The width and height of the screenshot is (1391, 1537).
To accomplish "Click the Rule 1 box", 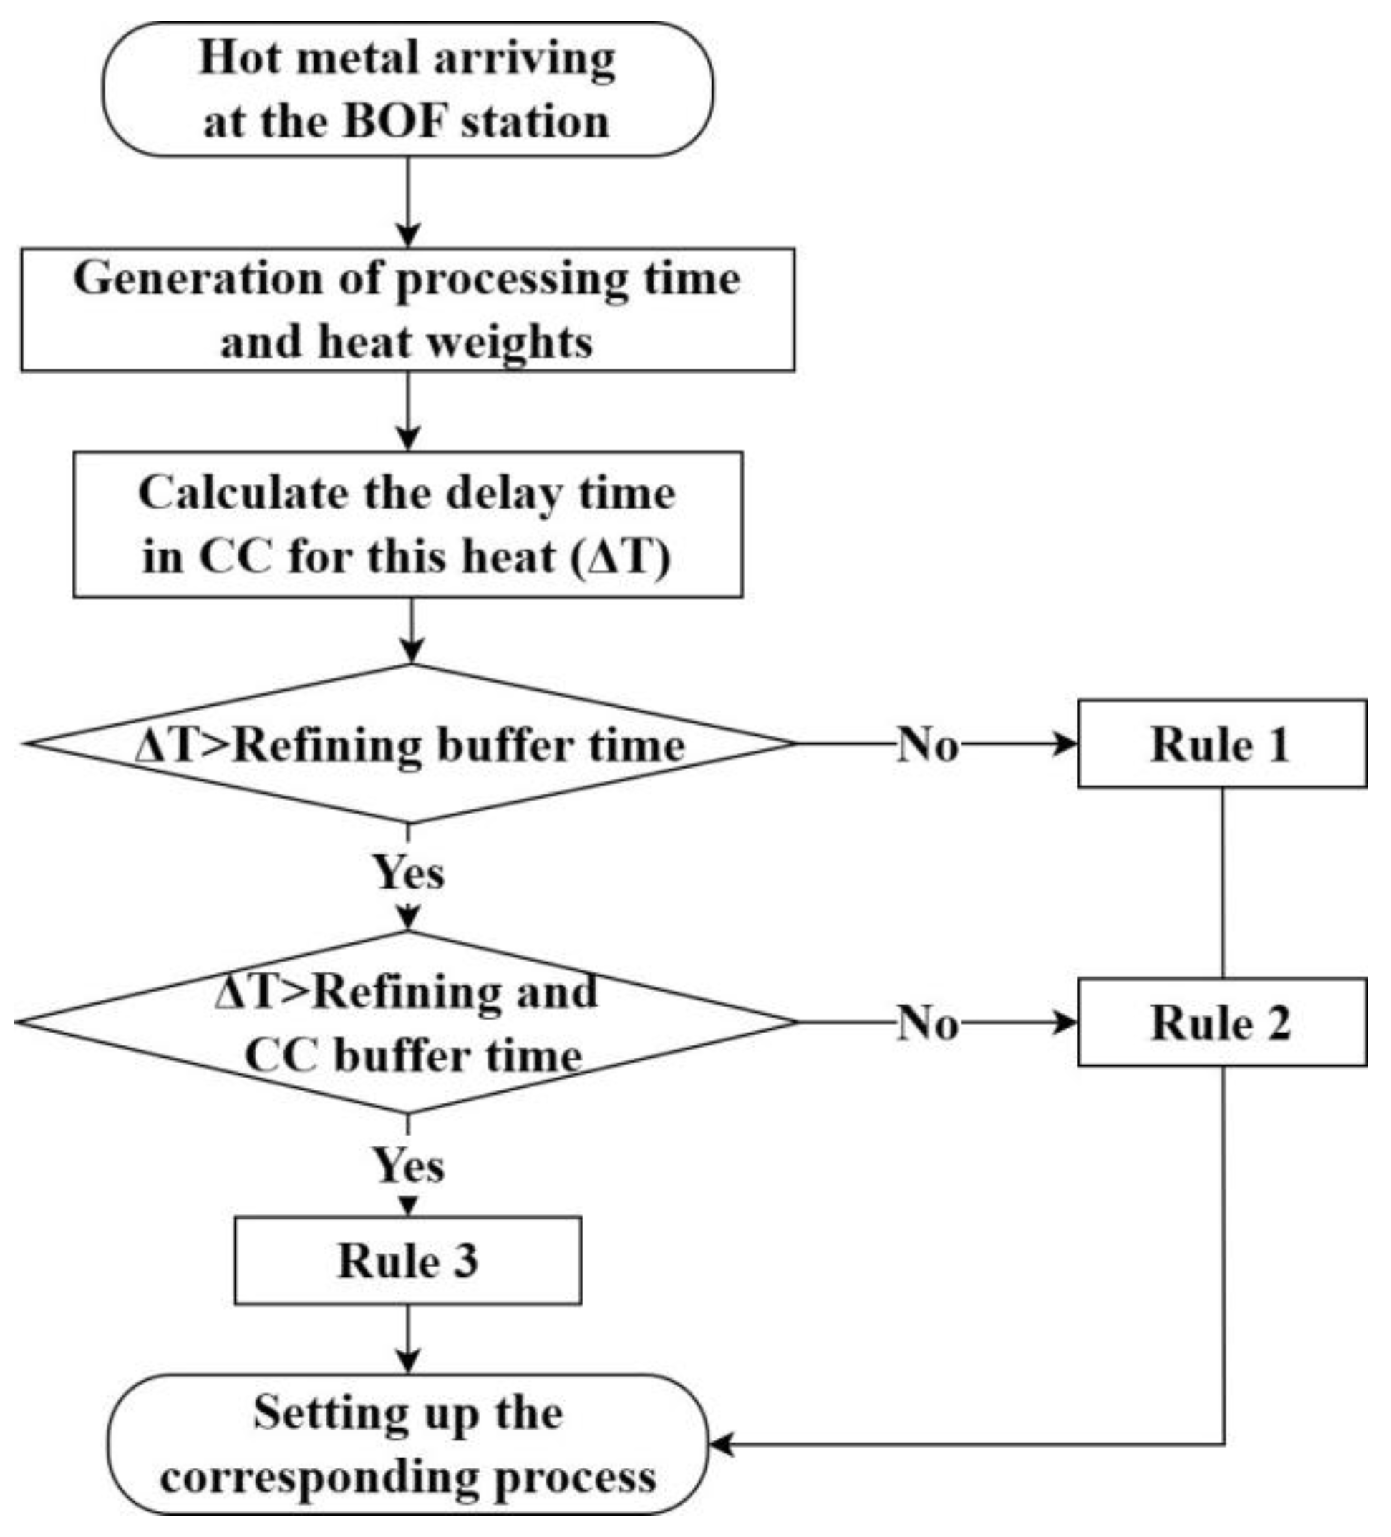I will (1221, 743).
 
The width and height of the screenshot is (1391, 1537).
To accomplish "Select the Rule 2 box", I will (1221, 1023).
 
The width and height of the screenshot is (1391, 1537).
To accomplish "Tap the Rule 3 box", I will (407, 1260).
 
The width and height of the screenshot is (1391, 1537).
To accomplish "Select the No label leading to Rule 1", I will (926, 744).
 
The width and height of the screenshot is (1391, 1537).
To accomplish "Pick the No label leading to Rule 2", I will (926, 1023).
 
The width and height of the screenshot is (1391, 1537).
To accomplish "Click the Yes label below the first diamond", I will (408, 872).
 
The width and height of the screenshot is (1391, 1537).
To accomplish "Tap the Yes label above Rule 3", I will (408, 1165).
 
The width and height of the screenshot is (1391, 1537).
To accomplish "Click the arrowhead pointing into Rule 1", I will (1065, 744).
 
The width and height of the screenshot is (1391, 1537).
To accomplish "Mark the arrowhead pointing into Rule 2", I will (1065, 1023).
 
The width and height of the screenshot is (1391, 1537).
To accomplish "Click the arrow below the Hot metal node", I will (409, 202).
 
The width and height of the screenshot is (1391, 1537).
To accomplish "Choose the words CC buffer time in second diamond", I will (413, 1056).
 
